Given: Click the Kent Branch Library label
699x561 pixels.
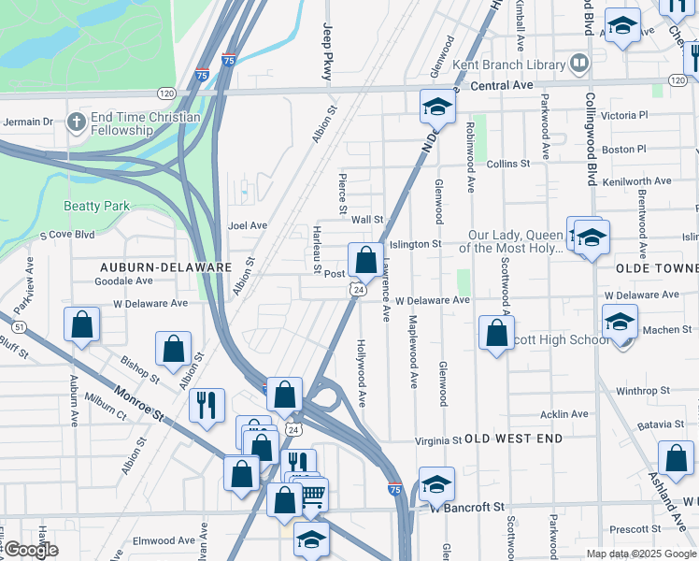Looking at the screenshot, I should tap(508, 65).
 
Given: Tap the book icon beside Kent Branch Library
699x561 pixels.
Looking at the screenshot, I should tap(579, 64).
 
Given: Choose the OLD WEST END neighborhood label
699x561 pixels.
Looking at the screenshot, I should tap(514, 438).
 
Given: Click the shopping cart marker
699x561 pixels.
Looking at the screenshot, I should tap(313, 493).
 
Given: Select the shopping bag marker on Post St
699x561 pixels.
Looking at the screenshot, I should tap(364, 259).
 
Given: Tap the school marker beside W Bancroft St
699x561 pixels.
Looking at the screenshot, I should tap(435, 483).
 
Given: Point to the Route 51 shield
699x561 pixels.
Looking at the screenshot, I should tap(20, 325).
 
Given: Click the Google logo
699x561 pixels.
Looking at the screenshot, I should tap(31, 550).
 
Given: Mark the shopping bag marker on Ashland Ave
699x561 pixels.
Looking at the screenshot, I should tap(676, 458).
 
